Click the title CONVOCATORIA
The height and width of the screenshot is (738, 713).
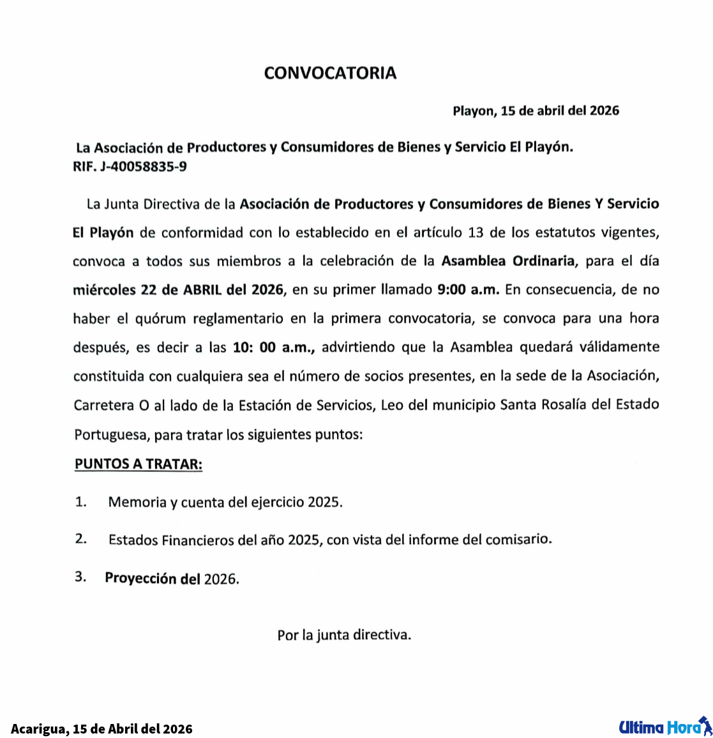330,73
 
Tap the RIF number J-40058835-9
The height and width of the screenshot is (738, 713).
144,168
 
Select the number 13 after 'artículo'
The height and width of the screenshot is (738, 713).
476,232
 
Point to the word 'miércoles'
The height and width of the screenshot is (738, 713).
104,290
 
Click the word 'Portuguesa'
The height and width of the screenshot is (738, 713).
112,436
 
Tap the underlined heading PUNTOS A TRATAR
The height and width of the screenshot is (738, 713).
139,464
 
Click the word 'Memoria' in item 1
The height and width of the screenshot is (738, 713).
137,502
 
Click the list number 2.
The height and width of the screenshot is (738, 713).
81,539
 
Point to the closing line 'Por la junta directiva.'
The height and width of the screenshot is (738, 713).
344,635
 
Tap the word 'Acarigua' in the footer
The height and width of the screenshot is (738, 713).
38,728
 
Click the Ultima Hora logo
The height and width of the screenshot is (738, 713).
664,726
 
